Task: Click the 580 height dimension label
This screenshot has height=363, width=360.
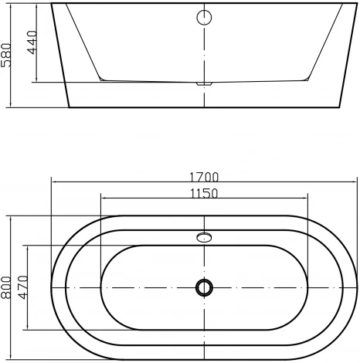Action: coord(5,55)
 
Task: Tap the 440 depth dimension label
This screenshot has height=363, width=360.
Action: coord(32,42)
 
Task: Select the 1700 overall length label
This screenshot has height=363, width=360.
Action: coord(204,177)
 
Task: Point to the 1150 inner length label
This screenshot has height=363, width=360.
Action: coord(204,194)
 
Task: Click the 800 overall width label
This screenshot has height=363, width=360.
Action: coord(5,287)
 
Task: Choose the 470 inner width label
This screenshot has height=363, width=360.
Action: coord(23,287)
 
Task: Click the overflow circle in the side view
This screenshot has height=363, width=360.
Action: coord(204,18)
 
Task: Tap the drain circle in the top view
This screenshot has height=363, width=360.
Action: coord(204,287)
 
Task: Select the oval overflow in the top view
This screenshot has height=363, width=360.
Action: coord(204,237)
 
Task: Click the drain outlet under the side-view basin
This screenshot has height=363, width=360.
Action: coord(204,83)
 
